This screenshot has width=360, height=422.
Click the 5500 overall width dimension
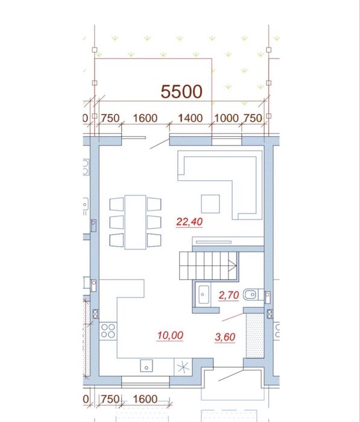[182, 92]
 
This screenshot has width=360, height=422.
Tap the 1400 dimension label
[191, 118]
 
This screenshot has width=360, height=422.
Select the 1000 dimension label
[226, 118]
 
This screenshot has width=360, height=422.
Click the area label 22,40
[189, 222]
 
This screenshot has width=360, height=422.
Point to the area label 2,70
[229, 295]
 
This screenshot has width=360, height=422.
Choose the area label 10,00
[170, 335]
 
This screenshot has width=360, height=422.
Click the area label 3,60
[225, 337]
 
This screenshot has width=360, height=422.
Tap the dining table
[136, 222]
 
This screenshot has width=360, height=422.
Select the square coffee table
[210, 204]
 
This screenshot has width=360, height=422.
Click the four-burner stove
[108, 331]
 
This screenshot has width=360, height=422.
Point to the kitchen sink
[147, 365]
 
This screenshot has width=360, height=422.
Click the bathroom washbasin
[203, 294]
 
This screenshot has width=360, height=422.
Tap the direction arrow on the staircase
[232, 266]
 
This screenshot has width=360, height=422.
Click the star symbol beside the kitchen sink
[183, 367]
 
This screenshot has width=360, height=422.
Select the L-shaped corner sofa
[219, 185]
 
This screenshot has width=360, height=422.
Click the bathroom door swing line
[233, 317]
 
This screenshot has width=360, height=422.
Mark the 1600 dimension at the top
[145, 118]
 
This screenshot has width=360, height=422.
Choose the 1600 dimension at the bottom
[145, 399]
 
